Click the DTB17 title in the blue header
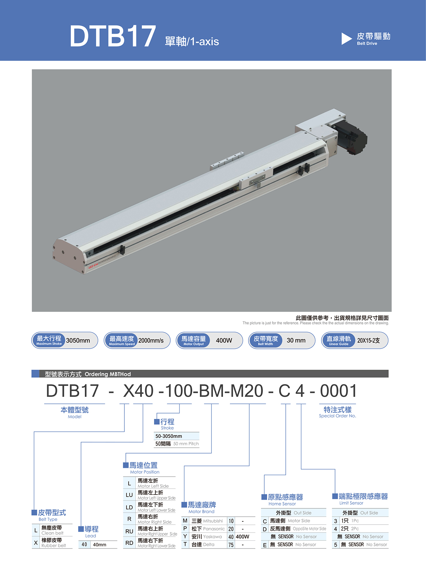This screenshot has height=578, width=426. point(113,36)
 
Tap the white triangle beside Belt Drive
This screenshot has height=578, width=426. point(346,39)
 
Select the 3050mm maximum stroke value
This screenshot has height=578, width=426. point(78,340)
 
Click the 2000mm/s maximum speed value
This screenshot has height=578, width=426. point(151,340)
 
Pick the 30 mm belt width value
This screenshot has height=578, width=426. point(296,340)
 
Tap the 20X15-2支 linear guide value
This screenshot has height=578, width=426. point(368,341)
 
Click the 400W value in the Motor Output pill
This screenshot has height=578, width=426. point(224,340)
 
